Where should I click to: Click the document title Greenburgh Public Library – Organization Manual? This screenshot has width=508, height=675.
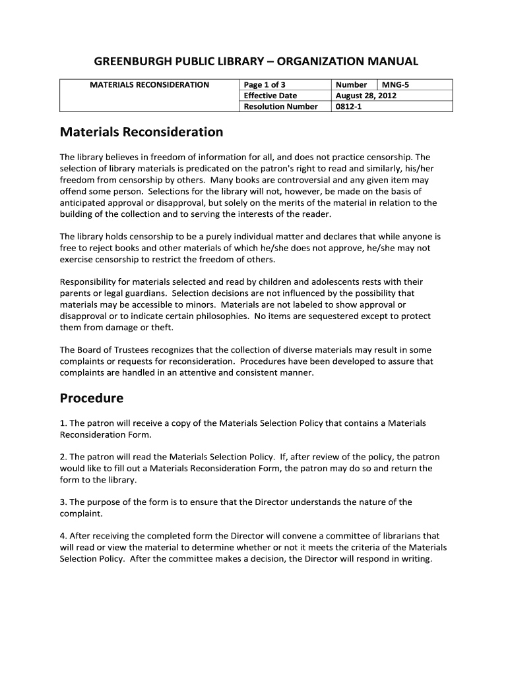[256, 61]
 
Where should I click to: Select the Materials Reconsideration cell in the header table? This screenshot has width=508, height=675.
[149, 84]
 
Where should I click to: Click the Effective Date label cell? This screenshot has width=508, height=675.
[270, 96]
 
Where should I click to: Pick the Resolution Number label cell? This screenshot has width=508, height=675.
[280, 106]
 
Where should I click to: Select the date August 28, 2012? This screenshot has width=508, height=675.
[366, 96]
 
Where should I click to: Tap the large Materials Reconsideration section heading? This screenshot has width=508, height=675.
[141, 132]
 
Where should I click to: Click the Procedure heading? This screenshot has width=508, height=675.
[92, 398]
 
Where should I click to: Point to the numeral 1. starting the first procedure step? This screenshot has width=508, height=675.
[63, 423]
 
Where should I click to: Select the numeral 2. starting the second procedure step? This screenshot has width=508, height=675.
[63, 457]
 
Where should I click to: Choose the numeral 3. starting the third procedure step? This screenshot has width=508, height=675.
[63, 502]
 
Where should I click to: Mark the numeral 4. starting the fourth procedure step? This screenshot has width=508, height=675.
[63, 536]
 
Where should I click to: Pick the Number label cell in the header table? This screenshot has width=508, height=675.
[351, 84]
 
